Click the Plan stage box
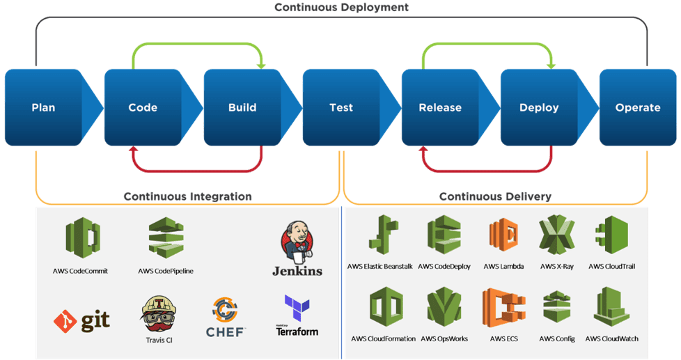pyautogui.click(x=43, y=107)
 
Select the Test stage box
pyautogui.click(x=340, y=107)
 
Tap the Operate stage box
pyautogui.click(x=637, y=107)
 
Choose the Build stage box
pyautogui.click(x=242, y=107)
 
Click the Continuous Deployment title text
pyautogui.click(x=340, y=7)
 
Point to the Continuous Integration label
pyautogui.click(x=187, y=196)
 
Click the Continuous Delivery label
pyautogui.click(x=495, y=196)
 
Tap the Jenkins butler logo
pyautogui.click(x=296, y=241)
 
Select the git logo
pyautogui.click(x=81, y=320)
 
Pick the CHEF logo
pyautogui.click(x=225, y=318)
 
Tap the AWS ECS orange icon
pyautogui.click(x=503, y=311)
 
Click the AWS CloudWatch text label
pyautogui.click(x=611, y=339)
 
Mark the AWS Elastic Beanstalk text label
pyautogui.click(x=380, y=267)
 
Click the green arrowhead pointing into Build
pyautogui.click(x=262, y=65)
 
